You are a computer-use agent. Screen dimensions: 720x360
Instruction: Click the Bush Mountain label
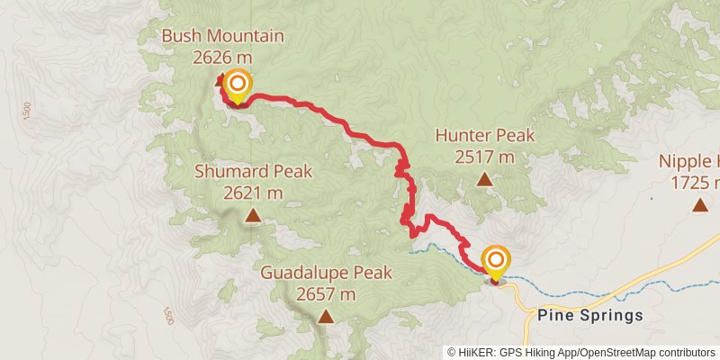pyautogui.click(x=222, y=37)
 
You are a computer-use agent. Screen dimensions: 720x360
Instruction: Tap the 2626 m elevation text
pyautogui.click(x=222, y=57)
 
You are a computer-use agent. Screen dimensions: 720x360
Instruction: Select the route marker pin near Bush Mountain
pyautogui.click(x=238, y=85)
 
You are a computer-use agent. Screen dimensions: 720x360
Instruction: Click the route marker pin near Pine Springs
pyautogui.click(x=496, y=262)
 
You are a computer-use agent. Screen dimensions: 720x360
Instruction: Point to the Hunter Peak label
pyautogui.click(x=484, y=136)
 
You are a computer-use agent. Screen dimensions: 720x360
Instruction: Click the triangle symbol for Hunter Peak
pyautogui.click(x=485, y=179)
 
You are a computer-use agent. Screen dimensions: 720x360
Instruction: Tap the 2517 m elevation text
pyautogui.click(x=484, y=157)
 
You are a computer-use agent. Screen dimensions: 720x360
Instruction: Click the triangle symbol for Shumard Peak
pyautogui.click(x=253, y=215)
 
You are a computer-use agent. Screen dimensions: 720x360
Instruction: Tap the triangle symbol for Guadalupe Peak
pyautogui.click(x=325, y=316)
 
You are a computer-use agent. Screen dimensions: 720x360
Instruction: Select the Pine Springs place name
pyautogui.click(x=589, y=315)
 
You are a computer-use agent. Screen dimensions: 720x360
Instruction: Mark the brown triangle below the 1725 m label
pyautogui.click(x=699, y=205)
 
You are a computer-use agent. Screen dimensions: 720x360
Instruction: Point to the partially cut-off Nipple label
pyautogui.click(x=689, y=162)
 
